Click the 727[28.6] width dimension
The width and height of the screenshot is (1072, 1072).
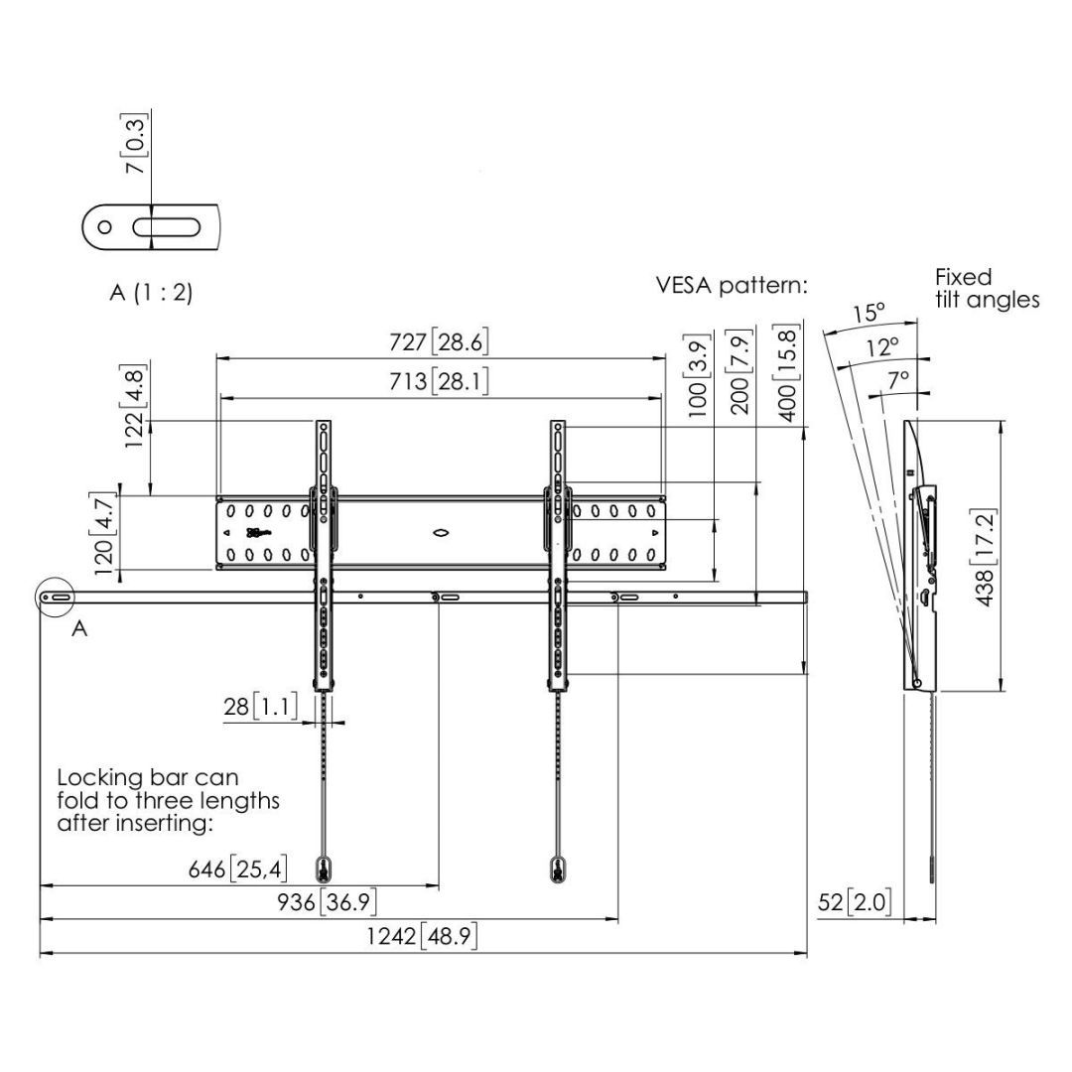click(x=439, y=342)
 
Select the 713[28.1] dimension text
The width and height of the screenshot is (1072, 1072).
click(x=439, y=381)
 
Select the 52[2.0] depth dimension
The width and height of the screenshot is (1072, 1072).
click(x=855, y=903)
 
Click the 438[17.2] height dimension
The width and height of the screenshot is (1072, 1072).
click(x=986, y=556)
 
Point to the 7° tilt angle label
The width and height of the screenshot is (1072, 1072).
click(x=898, y=379)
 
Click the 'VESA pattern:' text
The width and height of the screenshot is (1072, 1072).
click(x=732, y=286)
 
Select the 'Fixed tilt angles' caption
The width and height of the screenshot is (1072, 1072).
click(x=987, y=288)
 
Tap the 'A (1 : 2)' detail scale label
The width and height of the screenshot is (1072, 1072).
click(x=151, y=294)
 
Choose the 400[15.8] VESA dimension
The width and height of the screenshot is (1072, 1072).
click(x=787, y=374)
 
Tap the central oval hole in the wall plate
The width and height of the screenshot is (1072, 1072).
click(x=442, y=532)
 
